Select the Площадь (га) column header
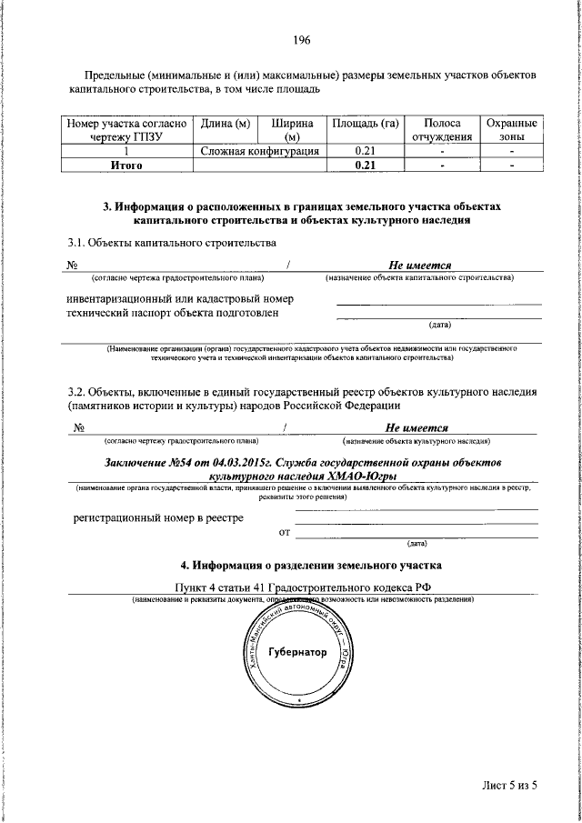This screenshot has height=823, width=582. [x=366, y=123]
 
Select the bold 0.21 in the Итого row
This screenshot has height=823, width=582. [x=366, y=166]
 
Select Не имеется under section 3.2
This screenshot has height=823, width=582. [x=416, y=427]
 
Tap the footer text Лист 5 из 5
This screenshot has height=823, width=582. [x=510, y=786]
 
